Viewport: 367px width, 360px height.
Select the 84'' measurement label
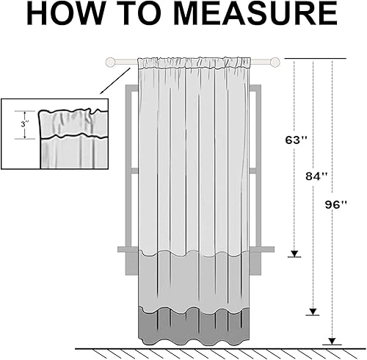point(317,176)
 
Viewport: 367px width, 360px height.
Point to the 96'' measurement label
point(337,206)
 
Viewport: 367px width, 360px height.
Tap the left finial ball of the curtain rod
point(111,62)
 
